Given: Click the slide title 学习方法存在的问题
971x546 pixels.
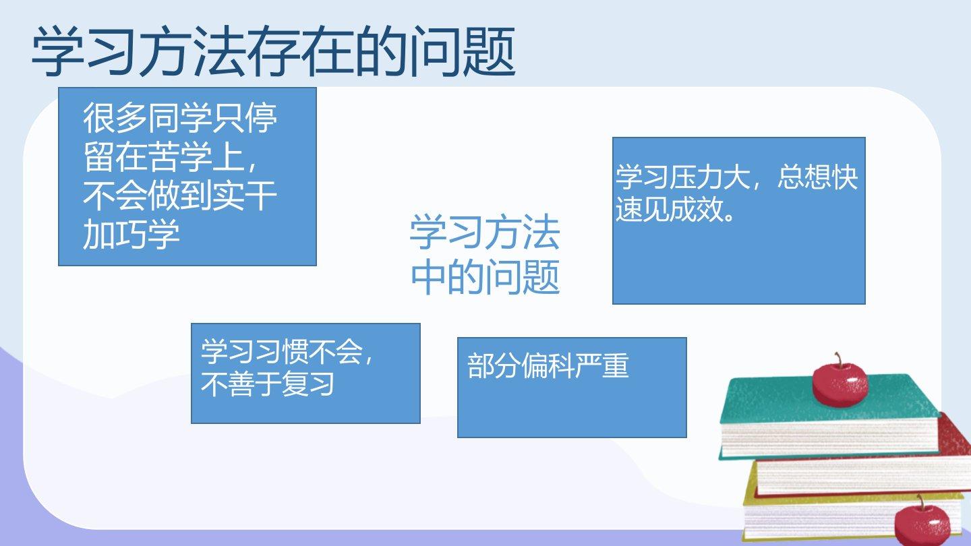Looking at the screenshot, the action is [274, 51].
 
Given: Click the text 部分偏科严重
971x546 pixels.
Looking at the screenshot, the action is [548, 366].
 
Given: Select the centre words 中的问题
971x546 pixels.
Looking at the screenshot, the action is [486, 277].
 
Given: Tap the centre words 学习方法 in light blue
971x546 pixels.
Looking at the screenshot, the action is [485, 233].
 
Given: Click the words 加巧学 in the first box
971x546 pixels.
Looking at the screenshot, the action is [131, 235].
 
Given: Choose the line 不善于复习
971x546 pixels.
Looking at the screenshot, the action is [267, 384].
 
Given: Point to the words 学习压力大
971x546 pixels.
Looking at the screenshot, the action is [682, 177].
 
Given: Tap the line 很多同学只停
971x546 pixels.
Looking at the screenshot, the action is [180, 118].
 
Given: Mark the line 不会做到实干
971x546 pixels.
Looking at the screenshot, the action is [180, 196].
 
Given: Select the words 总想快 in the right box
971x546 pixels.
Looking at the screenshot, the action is [817, 177].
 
